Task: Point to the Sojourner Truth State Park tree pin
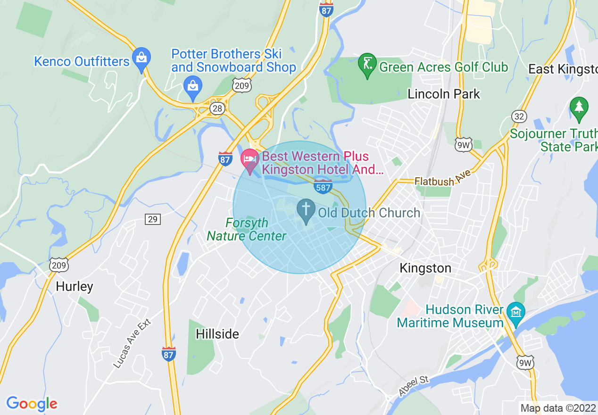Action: (x=579, y=107)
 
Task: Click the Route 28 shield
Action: (x=217, y=109)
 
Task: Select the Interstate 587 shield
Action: (x=323, y=186)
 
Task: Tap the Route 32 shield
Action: (x=519, y=116)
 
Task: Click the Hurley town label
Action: (x=75, y=286)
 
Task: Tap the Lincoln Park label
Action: (x=444, y=94)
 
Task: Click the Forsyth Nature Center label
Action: (x=247, y=229)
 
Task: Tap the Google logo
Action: (x=32, y=404)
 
